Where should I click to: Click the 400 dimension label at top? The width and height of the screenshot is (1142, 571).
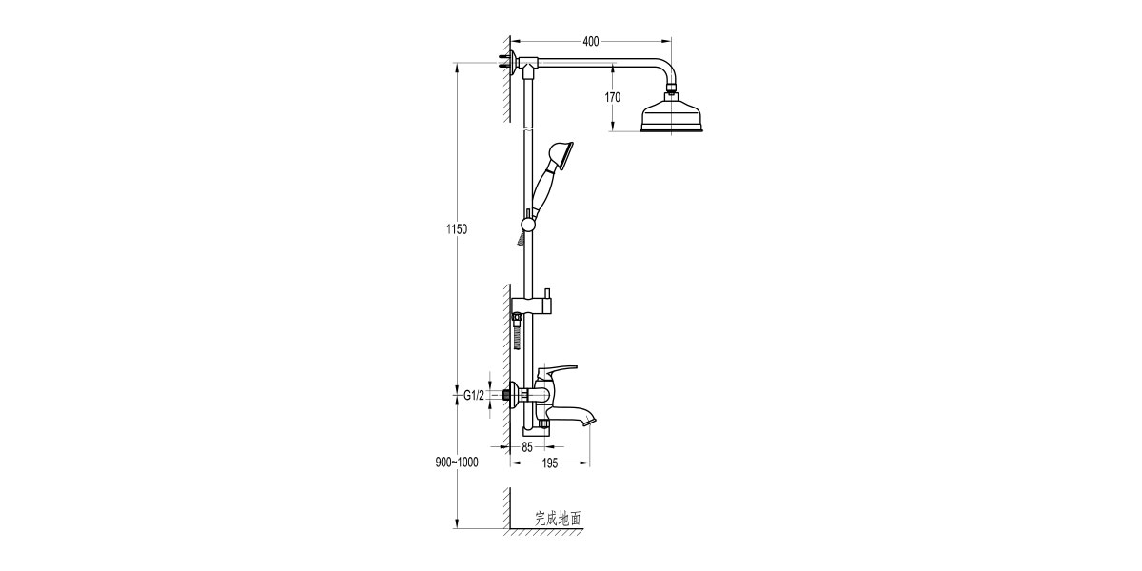click(x=591, y=41)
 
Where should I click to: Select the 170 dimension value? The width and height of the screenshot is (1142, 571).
click(x=612, y=97)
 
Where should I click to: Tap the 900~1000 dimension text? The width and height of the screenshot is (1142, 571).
click(x=456, y=462)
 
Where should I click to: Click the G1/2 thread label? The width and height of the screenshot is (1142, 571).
click(x=475, y=395)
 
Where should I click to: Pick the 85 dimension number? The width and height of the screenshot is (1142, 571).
click(x=528, y=445)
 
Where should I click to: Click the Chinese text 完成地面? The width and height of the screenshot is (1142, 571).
click(x=558, y=519)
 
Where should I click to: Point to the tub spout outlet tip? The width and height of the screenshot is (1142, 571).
click(x=592, y=416)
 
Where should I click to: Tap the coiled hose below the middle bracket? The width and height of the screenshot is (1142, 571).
click(x=516, y=334)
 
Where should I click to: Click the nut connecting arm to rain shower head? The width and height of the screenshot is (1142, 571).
click(x=673, y=93)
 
